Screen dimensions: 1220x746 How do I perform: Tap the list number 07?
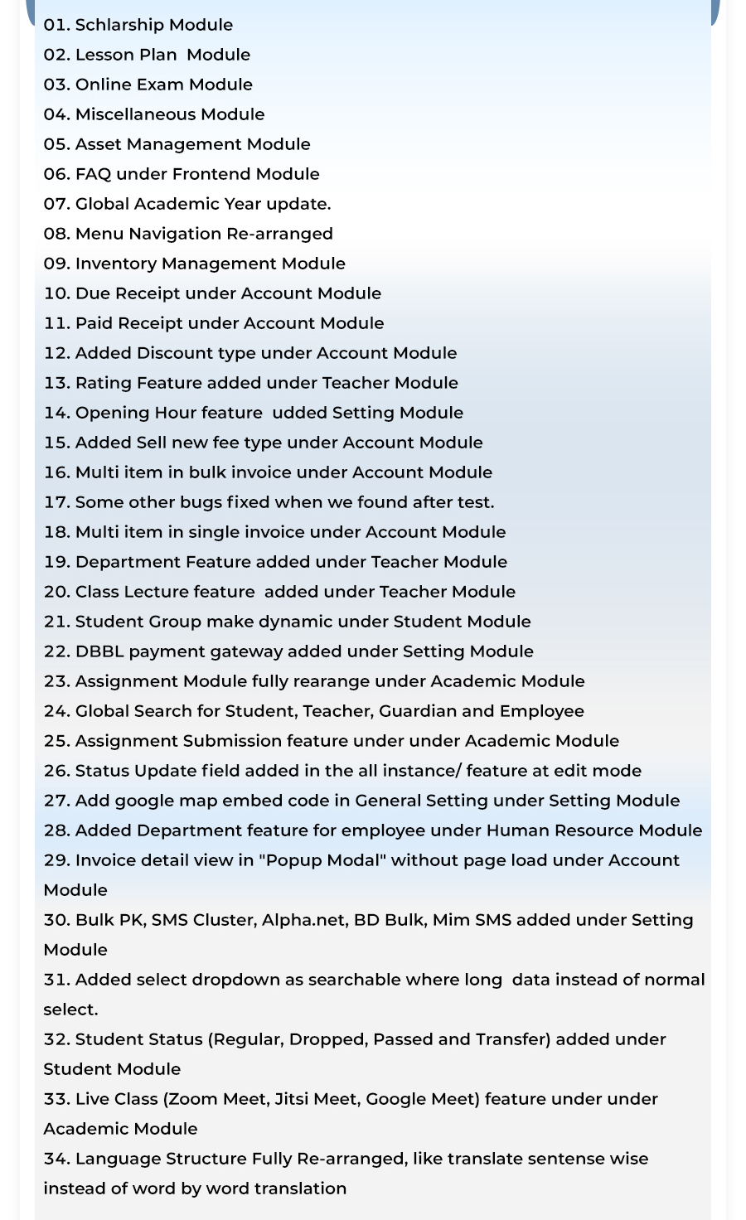coord(56,204)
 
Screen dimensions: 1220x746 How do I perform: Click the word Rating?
coord(103,383)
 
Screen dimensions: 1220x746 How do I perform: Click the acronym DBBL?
coord(99,651)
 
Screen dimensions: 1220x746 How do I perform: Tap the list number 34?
coord(56,1159)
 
